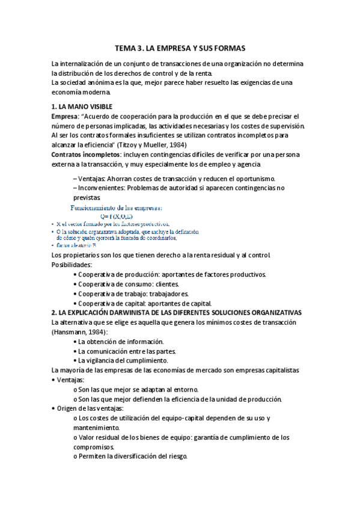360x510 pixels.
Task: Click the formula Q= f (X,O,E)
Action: coord(134,216)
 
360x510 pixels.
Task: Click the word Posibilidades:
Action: coord(72,265)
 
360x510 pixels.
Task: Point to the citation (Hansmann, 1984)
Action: coord(79,332)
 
